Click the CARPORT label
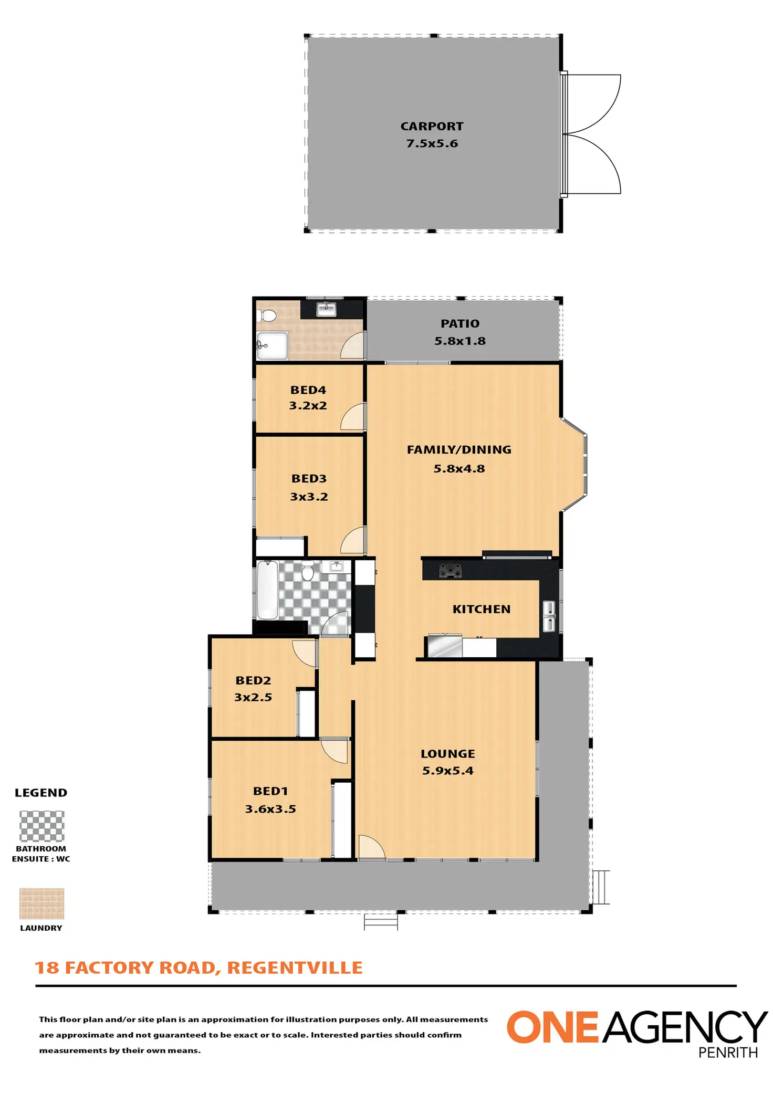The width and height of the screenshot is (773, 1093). pyautogui.click(x=432, y=127)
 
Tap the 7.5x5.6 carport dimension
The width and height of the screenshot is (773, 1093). pyautogui.click(x=432, y=143)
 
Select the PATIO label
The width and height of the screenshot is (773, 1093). pyautogui.click(x=459, y=324)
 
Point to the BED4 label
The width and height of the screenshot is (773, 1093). pyautogui.click(x=308, y=390)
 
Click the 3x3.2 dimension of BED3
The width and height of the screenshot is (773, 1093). pyautogui.click(x=309, y=497)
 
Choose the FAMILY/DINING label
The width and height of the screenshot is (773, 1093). pyautogui.click(x=459, y=450)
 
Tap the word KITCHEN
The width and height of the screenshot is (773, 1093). pyautogui.click(x=481, y=609)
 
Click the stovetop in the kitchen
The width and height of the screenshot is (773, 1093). pyautogui.click(x=450, y=570)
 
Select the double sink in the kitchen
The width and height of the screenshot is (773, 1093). pyautogui.click(x=549, y=616)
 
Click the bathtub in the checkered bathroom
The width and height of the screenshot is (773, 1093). pyautogui.click(x=267, y=590)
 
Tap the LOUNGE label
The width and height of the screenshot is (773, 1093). pyautogui.click(x=447, y=754)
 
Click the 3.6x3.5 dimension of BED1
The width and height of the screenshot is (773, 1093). pyautogui.click(x=270, y=809)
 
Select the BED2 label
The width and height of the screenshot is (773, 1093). pyautogui.click(x=253, y=680)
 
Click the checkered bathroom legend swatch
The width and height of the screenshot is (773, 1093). pyautogui.click(x=41, y=826)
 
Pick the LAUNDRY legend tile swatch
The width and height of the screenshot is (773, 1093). pyautogui.click(x=41, y=903)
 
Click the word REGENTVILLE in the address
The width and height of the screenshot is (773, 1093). pyautogui.click(x=295, y=968)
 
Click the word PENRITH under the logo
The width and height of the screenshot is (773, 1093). pyautogui.click(x=728, y=1052)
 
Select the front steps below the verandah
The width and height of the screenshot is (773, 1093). pyautogui.click(x=381, y=921)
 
